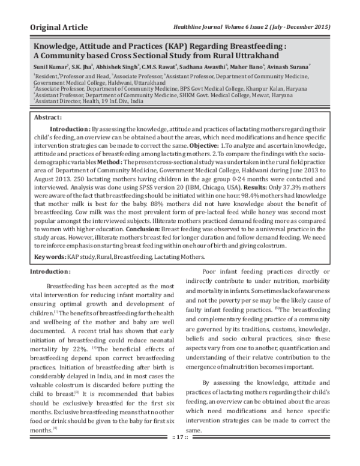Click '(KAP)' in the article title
coord(160,44)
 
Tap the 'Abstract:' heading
coord(48,117)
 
